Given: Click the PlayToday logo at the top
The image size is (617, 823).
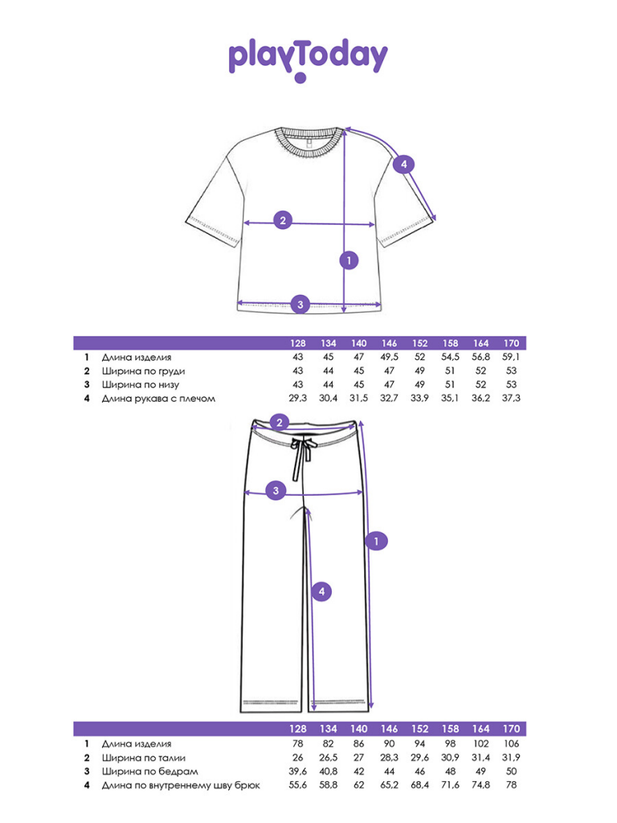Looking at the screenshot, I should [x=308, y=58].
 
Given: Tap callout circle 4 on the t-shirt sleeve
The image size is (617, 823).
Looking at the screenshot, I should [x=404, y=164].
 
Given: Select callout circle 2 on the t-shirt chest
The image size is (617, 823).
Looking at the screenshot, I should [x=282, y=221].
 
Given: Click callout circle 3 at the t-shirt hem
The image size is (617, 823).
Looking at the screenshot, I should [x=300, y=304].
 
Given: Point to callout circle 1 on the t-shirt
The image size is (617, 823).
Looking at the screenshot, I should [x=348, y=260].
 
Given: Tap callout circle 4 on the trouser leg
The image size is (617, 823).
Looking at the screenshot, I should [x=321, y=592].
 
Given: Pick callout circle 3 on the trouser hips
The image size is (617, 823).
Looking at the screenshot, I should [x=276, y=491].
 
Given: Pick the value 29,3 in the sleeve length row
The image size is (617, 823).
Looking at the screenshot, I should [x=298, y=398].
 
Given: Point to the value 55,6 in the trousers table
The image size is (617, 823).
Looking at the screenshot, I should [x=298, y=784].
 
